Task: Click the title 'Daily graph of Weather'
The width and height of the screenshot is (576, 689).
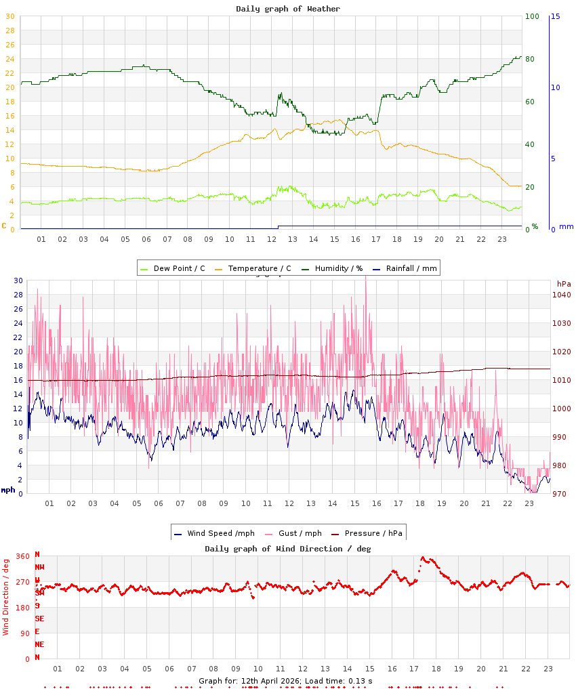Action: pos(288,9)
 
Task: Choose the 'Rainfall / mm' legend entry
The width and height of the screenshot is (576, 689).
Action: pos(411,268)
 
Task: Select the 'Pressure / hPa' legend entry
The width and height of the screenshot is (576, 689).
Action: pos(373,533)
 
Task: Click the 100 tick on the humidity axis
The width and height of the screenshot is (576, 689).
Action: pos(532,16)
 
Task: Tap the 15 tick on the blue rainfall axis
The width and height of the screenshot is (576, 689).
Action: pos(555,16)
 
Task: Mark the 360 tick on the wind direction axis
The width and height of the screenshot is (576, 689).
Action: pos(23,556)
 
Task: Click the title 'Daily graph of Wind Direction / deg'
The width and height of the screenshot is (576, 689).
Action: pos(288,549)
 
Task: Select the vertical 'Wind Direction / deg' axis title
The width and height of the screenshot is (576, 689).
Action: pos(6,596)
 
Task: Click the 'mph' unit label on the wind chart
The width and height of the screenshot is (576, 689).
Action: pos(7,489)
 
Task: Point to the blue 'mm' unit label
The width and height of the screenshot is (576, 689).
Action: pos(566,226)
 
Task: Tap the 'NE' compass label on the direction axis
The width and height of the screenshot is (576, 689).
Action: pos(39,644)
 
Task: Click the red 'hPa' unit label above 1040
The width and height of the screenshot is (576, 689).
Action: pos(564,283)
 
